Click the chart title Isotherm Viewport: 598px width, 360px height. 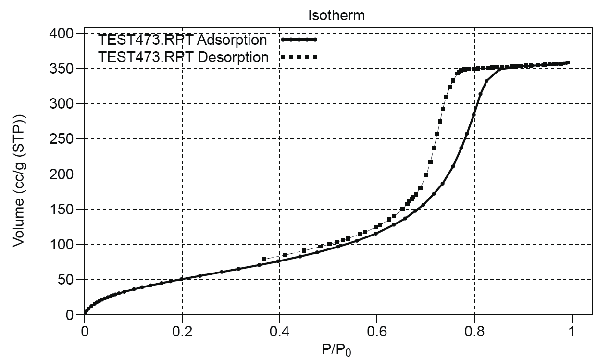336,15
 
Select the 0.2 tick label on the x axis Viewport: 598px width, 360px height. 182,332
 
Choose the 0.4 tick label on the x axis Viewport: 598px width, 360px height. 279,332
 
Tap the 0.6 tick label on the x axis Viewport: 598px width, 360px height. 377,332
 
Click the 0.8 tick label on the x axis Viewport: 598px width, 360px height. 474,332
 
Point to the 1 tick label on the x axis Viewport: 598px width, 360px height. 572,332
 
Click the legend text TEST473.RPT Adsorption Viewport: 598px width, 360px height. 182,39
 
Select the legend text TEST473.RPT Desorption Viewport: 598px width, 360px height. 183,57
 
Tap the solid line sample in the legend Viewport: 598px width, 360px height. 299,39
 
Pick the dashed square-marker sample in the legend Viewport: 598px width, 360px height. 299,57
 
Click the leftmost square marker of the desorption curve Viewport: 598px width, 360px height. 264,260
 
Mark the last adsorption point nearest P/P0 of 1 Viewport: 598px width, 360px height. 568,62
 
